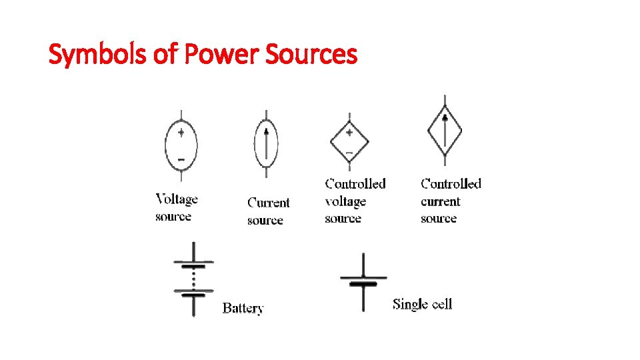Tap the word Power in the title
(221, 55)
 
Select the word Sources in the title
(311, 55)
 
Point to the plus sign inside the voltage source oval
(181, 133)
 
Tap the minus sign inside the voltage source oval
(181, 160)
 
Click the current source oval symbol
(266, 144)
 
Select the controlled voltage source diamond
(349, 141)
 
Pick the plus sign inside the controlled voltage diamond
(349, 133)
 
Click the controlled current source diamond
(445, 131)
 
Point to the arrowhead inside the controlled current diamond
(445, 118)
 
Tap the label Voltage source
(176, 207)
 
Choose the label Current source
(268, 211)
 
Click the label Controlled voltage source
(355, 201)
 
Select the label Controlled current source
(451, 201)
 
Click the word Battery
(243, 308)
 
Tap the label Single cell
(422, 305)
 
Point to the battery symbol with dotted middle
(193, 279)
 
